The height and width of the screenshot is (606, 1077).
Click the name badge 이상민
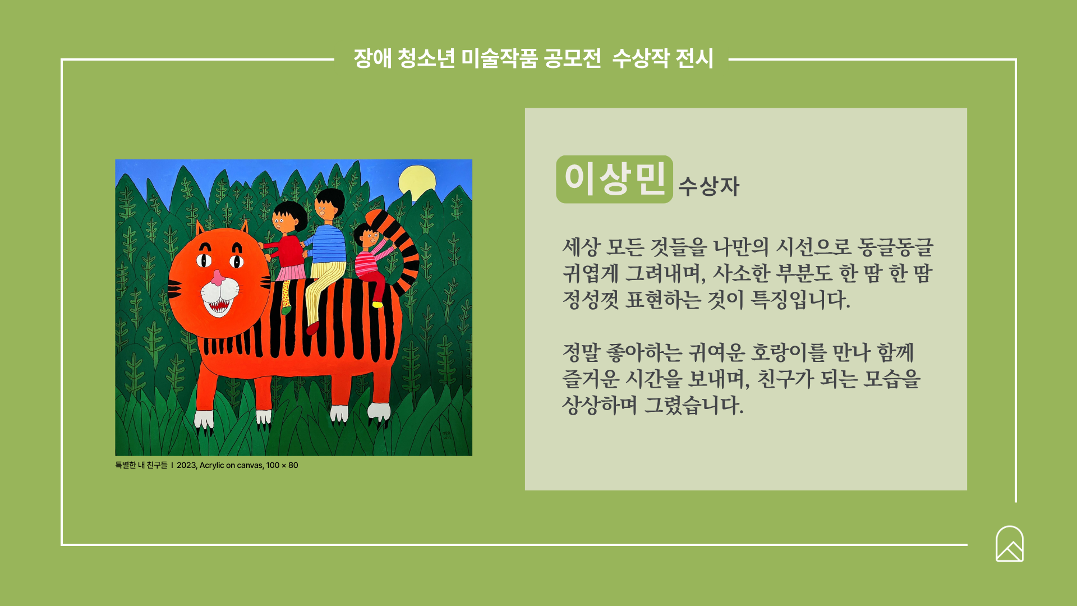pos(614,179)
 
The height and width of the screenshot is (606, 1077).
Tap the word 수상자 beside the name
pos(709,186)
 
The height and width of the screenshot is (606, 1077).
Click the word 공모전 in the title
pos(573,58)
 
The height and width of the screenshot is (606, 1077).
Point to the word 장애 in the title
pos(372,58)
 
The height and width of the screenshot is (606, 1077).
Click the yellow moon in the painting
pos(417,183)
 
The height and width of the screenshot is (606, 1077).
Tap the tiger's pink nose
pos(218,278)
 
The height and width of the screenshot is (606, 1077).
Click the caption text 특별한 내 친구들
pos(141,465)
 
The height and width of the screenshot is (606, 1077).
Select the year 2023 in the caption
pos(186,465)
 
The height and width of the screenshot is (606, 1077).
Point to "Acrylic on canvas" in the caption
pos(231,465)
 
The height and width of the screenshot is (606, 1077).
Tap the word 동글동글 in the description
pos(895,247)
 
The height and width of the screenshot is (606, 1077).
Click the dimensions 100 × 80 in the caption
pos(282,465)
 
